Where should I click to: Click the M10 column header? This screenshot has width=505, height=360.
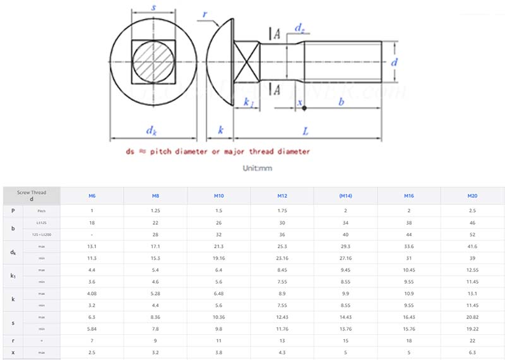(x=219, y=196)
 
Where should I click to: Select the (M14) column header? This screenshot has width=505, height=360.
(x=345, y=196)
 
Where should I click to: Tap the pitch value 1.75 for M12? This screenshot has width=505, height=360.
(x=282, y=210)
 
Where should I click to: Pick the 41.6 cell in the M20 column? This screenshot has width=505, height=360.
(x=472, y=246)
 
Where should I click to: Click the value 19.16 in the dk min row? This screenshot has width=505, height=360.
(x=219, y=258)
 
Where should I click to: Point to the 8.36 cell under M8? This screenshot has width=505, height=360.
(x=155, y=316)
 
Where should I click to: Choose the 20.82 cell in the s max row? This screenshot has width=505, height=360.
(x=472, y=316)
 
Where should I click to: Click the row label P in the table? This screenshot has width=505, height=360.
(x=13, y=210)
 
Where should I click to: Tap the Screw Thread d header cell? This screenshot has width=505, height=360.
(x=32, y=196)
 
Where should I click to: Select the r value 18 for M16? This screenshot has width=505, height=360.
(x=408, y=340)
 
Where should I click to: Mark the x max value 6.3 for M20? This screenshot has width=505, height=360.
(x=472, y=352)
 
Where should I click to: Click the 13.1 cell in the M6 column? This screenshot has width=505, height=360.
(x=92, y=246)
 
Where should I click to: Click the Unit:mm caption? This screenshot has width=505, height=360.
(x=257, y=168)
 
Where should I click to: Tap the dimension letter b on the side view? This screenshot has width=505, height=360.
(x=342, y=101)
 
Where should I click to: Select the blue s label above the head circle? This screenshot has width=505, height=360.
(x=154, y=8)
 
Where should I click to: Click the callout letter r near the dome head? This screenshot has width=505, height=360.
(x=205, y=15)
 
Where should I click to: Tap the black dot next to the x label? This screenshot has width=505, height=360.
(x=304, y=109)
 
